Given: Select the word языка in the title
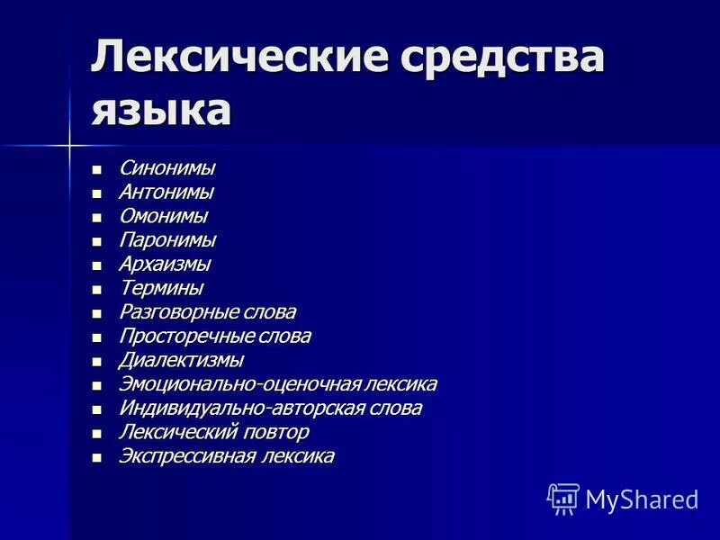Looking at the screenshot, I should [x=161, y=111].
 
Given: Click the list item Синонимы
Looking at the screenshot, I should [x=166, y=168].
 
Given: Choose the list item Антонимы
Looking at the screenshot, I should [x=166, y=192].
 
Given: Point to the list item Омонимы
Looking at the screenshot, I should [x=163, y=216].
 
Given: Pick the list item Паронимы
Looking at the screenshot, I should [x=167, y=240].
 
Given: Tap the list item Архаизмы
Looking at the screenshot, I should [x=165, y=265].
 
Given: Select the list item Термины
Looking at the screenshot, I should [x=161, y=288].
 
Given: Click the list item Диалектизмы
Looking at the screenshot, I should [x=181, y=360].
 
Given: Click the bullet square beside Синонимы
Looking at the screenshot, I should [x=98, y=169].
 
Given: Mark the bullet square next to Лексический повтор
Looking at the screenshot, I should [x=98, y=433].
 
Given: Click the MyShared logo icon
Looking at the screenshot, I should [x=563, y=498].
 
